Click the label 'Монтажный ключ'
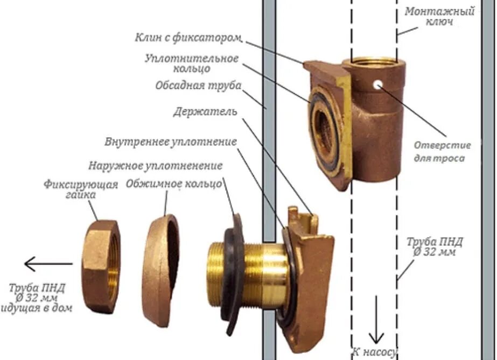tap(439, 17)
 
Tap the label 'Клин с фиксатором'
tap(188, 38)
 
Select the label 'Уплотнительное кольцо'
tap(191, 63)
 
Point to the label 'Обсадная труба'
tap(198, 86)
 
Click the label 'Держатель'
tap(205, 112)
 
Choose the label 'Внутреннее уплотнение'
tap(171, 142)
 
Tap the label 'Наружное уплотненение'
tap(155, 165)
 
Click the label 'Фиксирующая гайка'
tap(81, 189)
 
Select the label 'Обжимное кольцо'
tap(173, 183)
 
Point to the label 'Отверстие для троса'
tap(442, 152)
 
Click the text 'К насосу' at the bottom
tap(375, 352)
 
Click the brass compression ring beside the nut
tap(160, 270)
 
